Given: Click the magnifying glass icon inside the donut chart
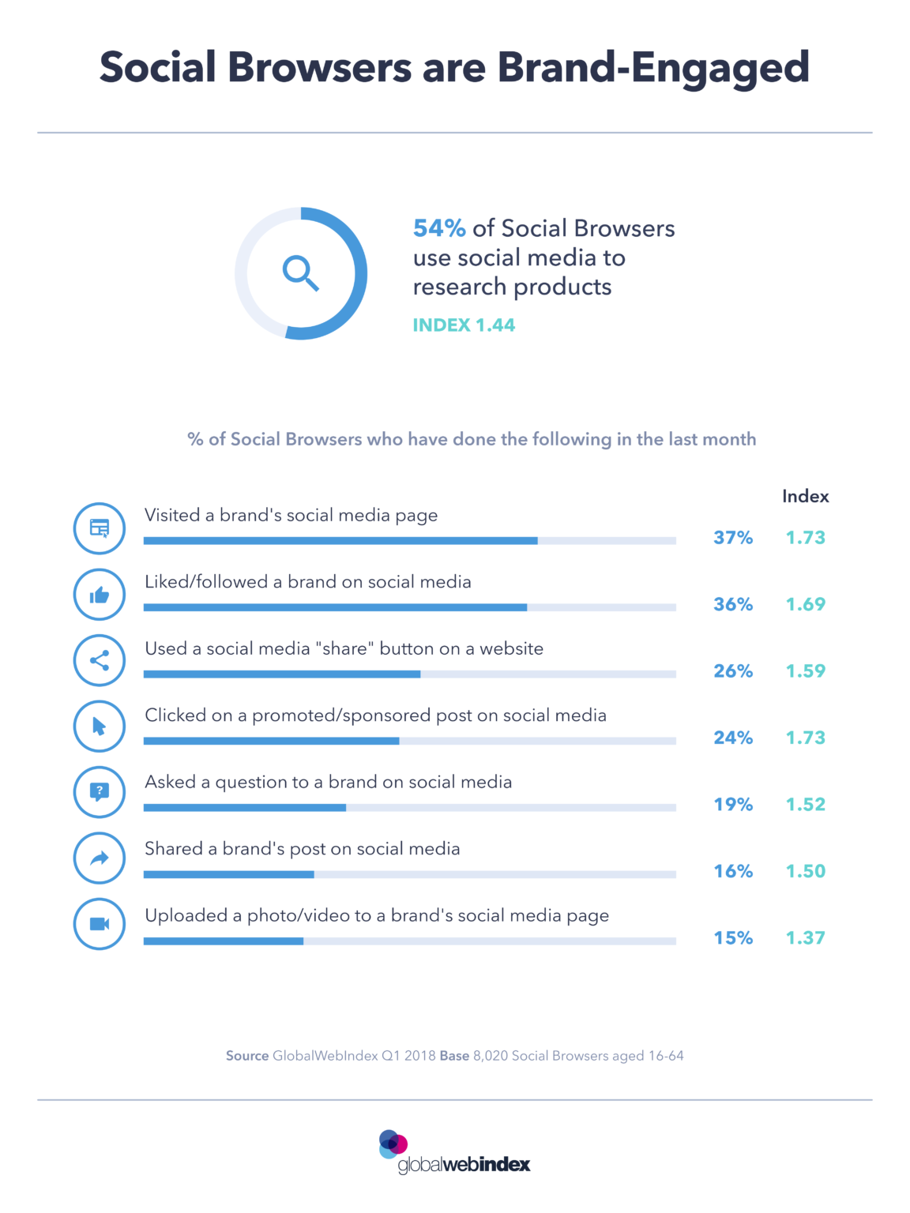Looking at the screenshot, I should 301,273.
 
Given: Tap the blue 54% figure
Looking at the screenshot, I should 439,228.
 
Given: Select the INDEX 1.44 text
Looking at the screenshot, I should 464,325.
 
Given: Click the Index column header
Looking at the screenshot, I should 805,496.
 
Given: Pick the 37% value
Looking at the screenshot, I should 733,538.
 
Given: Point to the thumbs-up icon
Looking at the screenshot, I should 100,595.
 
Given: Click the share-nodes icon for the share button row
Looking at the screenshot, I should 100,661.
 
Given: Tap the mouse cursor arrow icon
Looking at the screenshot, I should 100,727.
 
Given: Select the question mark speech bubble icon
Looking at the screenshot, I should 100,791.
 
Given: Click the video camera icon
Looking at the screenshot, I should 100,924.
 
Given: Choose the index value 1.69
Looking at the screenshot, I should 805,604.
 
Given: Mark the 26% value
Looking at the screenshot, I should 733,671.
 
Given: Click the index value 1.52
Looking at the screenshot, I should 805,805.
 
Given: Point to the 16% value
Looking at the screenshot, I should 733,871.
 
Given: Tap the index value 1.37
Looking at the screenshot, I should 805,938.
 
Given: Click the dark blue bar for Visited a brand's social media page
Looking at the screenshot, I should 340,541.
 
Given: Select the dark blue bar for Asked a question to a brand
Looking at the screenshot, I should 245,808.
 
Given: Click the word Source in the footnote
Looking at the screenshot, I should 247,1056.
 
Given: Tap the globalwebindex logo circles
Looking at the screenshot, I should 393,1144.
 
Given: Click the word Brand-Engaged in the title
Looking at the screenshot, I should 653,67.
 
